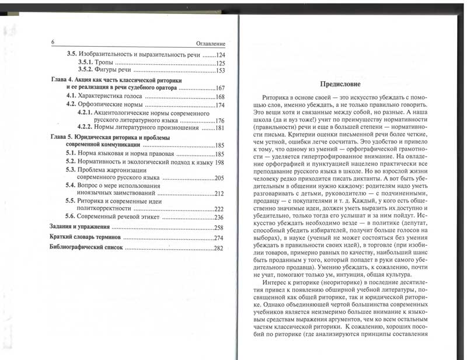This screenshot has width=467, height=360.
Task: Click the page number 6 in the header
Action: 53,43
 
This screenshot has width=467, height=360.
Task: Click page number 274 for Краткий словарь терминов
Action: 219,238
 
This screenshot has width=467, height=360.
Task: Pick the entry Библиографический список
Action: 85,249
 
